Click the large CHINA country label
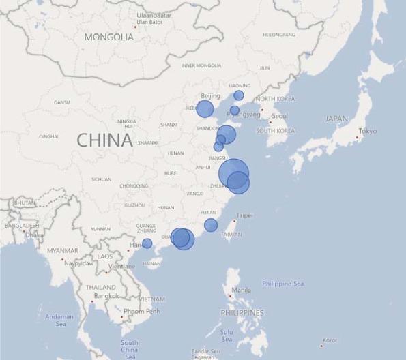[104, 140]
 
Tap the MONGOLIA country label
[109, 37]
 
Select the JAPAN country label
[336, 119]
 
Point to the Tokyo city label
[367, 131]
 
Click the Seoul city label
[279, 116]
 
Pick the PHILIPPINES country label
[242, 312]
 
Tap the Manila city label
[241, 290]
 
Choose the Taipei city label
[244, 215]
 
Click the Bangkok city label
[107, 296]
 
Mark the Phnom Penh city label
[142, 311]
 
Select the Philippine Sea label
[283, 284]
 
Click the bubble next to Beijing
[205, 108]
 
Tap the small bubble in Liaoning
[239, 95]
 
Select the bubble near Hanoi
[147, 243]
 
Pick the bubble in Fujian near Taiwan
[211, 225]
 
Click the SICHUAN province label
[101, 179]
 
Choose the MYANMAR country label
[63, 251]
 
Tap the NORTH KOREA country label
[274, 100]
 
